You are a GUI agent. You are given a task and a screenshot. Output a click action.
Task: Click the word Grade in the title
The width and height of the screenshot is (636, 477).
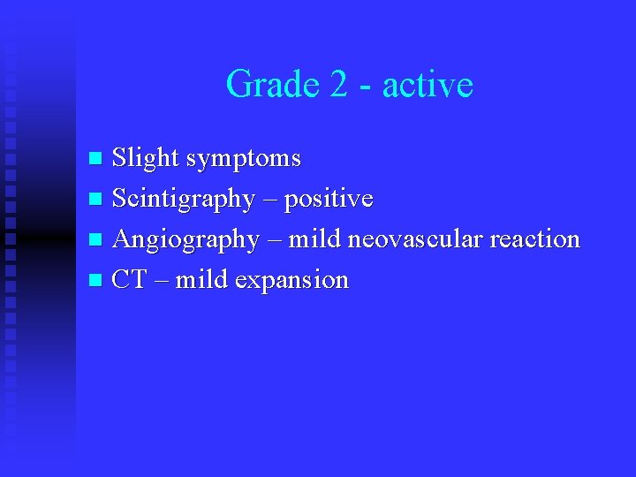pos(266,85)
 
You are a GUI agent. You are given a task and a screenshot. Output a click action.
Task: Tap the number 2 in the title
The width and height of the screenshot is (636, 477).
pos(338,85)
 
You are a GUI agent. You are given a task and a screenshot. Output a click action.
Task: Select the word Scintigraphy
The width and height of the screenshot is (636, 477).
pos(183,200)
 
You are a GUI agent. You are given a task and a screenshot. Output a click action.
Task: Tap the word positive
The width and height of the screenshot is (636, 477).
pos(329,200)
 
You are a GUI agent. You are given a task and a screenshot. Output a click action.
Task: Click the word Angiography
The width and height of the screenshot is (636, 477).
pos(185,240)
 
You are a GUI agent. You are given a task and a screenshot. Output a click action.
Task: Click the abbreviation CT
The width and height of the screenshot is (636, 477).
pos(129,280)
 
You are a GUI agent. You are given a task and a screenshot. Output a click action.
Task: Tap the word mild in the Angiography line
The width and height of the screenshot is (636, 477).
pos(316,239)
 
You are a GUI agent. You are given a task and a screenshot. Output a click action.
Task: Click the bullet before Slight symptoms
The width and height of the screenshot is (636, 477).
pos(97,160)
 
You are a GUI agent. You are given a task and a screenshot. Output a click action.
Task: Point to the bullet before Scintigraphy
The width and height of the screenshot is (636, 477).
pos(97,201)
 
